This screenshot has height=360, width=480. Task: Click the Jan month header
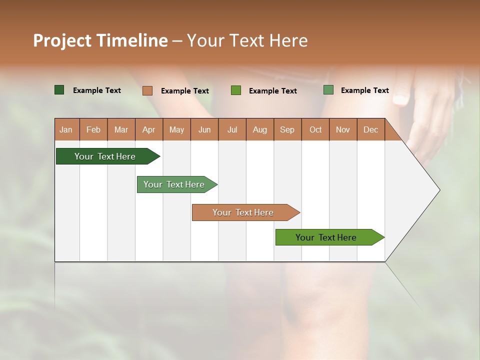[66, 129]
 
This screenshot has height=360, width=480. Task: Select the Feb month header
[93, 129]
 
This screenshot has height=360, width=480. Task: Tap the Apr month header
[148, 129]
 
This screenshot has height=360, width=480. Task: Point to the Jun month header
[204, 129]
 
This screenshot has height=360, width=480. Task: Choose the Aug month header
[259, 129]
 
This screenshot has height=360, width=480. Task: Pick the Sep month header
[287, 129]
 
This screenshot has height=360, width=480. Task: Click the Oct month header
[315, 129]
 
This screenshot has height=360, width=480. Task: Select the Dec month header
[370, 129]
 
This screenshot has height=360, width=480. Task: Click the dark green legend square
[59, 90]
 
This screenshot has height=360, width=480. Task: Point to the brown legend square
[147, 90]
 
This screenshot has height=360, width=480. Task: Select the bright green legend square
[235, 90]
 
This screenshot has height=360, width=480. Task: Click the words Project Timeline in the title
[100, 40]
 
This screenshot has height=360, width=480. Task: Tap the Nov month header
[342, 129]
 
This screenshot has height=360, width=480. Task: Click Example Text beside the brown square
[184, 91]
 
